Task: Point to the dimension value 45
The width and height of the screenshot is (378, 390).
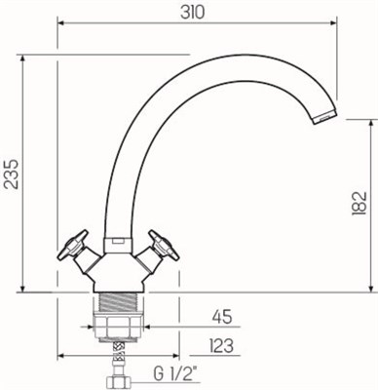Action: pos(223,316)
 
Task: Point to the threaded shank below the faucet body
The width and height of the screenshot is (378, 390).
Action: pos(119,301)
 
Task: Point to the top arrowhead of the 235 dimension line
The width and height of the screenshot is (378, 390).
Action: pos(20,57)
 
